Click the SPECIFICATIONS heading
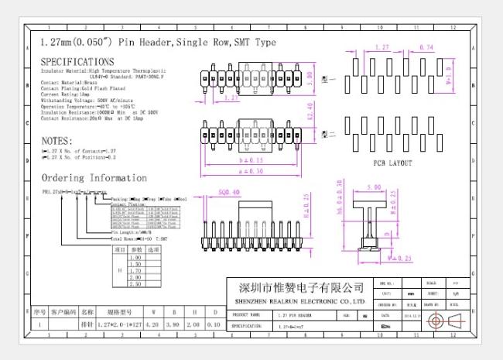tap(77, 61)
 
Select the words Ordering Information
tap(94, 178)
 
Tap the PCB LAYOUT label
tap(392, 163)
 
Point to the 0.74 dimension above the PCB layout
tap(426, 48)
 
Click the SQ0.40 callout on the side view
tap(229, 192)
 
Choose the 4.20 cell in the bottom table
tap(152, 326)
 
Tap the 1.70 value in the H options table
tap(136, 270)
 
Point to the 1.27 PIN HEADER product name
tap(295, 316)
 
